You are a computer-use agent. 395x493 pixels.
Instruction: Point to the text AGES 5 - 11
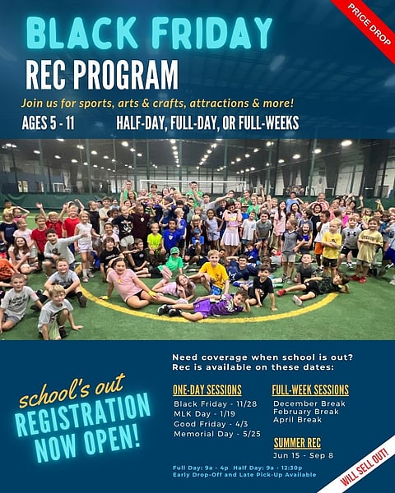pos(57,124)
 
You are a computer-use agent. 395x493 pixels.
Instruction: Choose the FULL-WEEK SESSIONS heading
pos(310,389)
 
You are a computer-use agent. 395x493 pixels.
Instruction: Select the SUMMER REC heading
pos(297,443)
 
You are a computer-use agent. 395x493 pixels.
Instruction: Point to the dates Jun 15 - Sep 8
pos(303,455)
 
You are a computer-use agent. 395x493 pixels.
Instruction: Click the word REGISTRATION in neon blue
pos(82,415)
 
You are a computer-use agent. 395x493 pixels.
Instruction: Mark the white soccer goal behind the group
pos(193,186)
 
